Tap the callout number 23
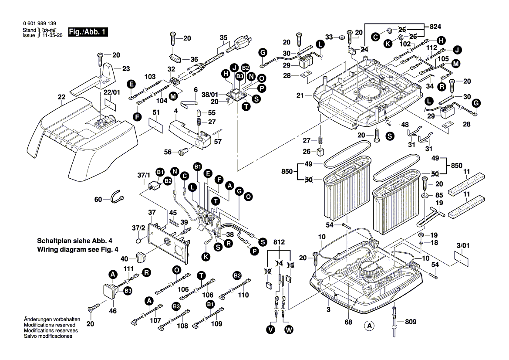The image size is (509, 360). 126,69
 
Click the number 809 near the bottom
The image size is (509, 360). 410,322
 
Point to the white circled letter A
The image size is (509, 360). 369,325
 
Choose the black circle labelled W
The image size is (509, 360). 288,330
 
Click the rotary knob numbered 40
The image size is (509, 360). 141,256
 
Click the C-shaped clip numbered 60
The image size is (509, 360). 117,197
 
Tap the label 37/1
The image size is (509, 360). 144,174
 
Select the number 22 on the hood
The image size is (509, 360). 61,97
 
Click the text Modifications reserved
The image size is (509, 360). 49,325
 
